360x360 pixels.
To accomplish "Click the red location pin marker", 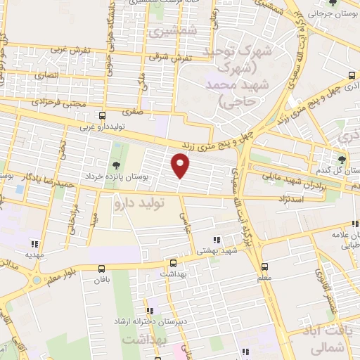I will pyautogui.click(x=181, y=166).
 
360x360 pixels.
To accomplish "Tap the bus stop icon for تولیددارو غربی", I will pyautogui.click(x=103, y=115).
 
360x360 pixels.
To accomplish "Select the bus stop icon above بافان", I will pyautogui.click(x=102, y=268).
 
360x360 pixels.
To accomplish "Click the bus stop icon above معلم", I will pyautogui.click(x=264, y=266).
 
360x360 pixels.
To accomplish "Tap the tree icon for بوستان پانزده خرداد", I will pyautogui.click(x=116, y=164).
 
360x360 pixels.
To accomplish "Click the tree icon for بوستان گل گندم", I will pyautogui.click(x=342, y=160).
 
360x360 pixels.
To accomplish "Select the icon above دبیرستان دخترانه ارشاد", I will pyautogui.click(x=149, y=310).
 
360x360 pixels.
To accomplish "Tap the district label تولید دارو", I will pyautogui.click(x=140, y=203).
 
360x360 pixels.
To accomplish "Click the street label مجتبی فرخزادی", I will pyautogui.click(x=59, y=103).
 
